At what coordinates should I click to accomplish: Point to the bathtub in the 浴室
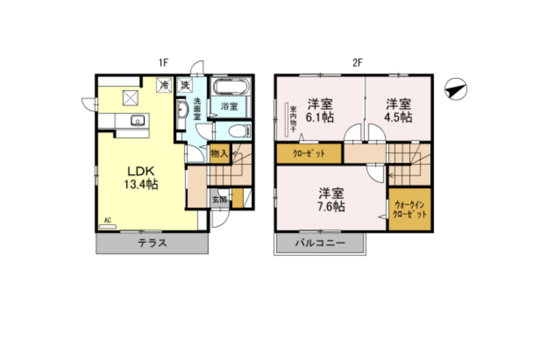(231, 87)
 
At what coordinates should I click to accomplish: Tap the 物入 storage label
(219, 154)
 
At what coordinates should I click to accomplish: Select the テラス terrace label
(153, 243)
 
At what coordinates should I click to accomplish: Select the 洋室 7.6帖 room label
(331, 200)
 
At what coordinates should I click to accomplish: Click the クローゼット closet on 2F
(309, 154)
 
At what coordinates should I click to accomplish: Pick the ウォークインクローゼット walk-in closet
(410, 209)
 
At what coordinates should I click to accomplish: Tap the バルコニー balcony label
(320, 243)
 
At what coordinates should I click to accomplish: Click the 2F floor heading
(357, 63)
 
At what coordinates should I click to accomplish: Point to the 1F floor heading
(163, 63)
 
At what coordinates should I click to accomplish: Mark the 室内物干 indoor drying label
(293, 120)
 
